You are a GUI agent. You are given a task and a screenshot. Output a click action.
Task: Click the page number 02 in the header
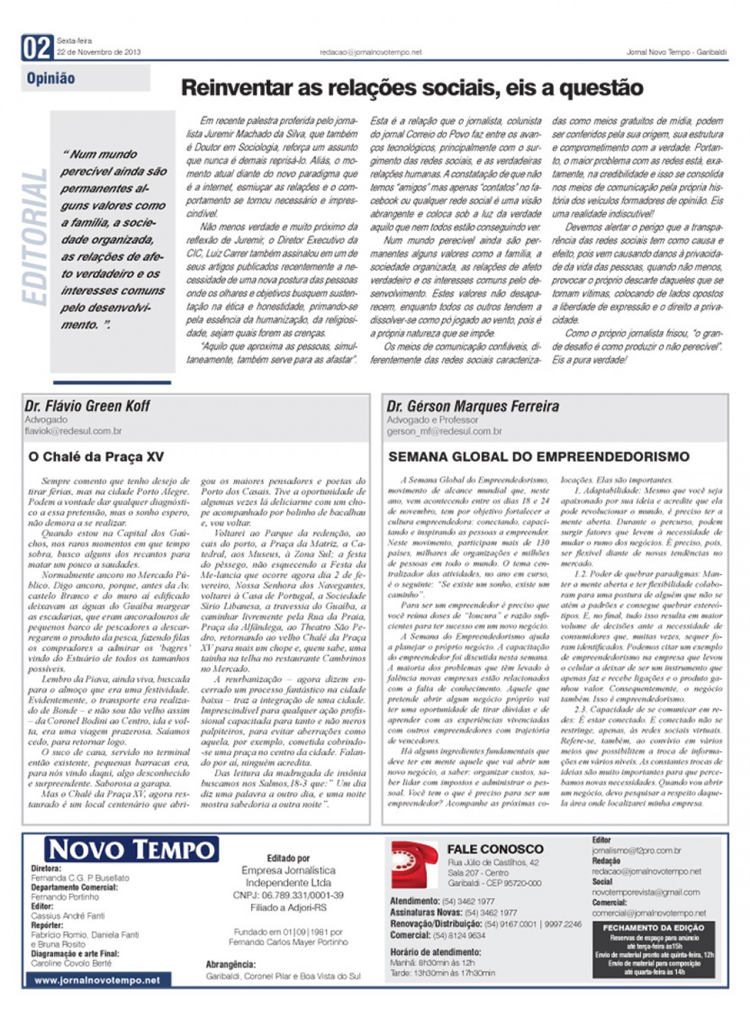click(37, 48)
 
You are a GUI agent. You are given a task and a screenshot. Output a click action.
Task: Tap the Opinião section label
click(51, 79)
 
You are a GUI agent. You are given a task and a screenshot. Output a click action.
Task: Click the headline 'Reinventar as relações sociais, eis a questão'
click(412, 88)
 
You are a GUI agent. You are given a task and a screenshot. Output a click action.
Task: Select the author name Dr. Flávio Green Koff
click(87, 406)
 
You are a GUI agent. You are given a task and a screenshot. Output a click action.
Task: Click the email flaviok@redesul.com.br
click(73, 431)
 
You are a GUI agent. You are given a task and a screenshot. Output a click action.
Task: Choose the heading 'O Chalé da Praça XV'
click(96, 457)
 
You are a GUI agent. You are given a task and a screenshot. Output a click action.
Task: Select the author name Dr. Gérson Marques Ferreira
click(473, 407)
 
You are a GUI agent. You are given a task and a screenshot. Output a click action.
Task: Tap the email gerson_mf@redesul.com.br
click(444, 431)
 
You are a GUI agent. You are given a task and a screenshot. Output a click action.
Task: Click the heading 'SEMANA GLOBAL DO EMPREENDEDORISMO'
click(539, 457)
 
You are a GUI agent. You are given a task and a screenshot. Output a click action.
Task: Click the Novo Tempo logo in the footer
click(132, 849)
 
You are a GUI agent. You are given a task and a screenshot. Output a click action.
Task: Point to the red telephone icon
click(414, 863)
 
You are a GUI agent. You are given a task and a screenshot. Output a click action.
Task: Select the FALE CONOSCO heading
click(495, 849)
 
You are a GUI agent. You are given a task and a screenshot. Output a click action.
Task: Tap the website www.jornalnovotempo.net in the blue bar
click(97, 980)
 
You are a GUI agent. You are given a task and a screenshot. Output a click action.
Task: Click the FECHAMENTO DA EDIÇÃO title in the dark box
click(653, 927)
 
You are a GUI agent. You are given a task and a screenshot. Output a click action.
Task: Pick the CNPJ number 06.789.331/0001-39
click(288, 895)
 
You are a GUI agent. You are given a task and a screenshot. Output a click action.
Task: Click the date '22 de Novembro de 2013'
click(99, 52)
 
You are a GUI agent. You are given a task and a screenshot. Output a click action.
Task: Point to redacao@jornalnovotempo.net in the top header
click(370, 52)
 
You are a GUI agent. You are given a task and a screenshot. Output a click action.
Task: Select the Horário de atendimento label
click(435, 952)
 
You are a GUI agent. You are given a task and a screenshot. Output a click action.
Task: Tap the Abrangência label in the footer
click(230, 965)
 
